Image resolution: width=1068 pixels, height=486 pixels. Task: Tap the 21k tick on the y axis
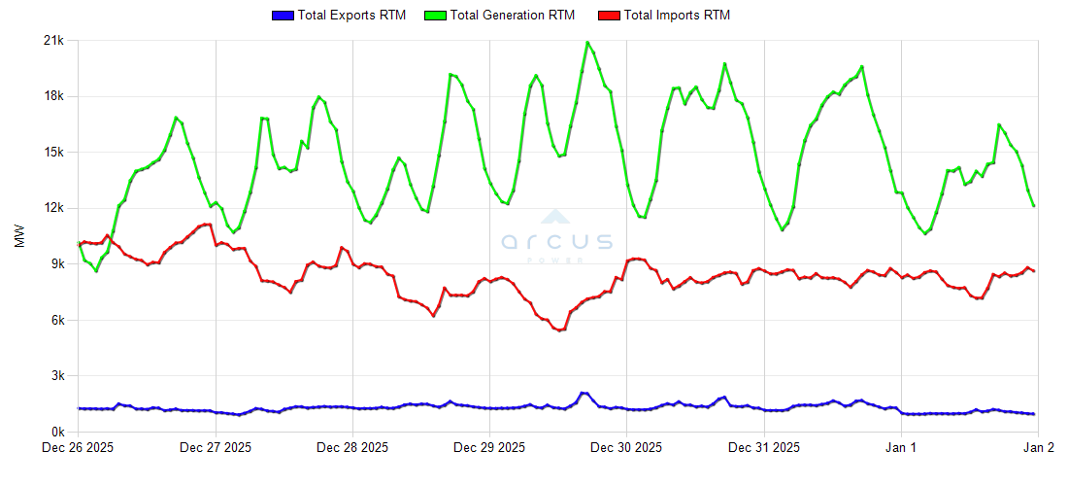(x=53, y=41)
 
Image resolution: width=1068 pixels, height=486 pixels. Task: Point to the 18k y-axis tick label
(x=53, y=96)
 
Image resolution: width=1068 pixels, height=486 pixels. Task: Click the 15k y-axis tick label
(x=53, y=153)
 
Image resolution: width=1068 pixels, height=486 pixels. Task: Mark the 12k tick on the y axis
(x=53, y=208)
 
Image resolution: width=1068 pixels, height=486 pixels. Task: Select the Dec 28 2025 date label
(x=352, y=448)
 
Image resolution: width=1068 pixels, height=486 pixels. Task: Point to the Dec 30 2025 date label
(x=626, y=448)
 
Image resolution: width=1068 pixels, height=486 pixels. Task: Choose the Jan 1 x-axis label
(x=902, y=448)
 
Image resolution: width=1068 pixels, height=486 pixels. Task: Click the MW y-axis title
(x=20, y=236)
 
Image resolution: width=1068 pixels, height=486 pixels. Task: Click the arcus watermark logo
(x=557, y=238)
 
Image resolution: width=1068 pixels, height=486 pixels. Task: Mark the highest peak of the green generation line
(x=586, y=42)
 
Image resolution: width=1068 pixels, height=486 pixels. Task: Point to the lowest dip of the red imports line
(x=558, y=330)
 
